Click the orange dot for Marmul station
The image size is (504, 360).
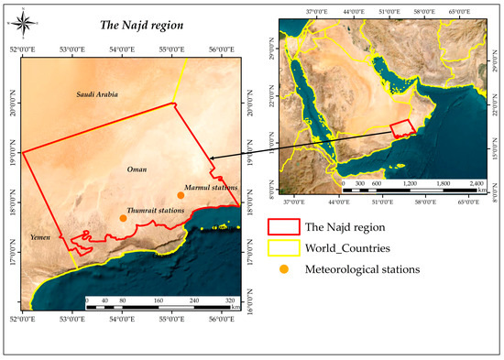(x=181, y=195)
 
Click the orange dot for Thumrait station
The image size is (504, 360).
(x=123, y=218)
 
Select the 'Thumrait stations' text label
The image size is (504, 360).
(x=156, y=210)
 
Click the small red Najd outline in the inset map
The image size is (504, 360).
(x=404, y=129)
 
